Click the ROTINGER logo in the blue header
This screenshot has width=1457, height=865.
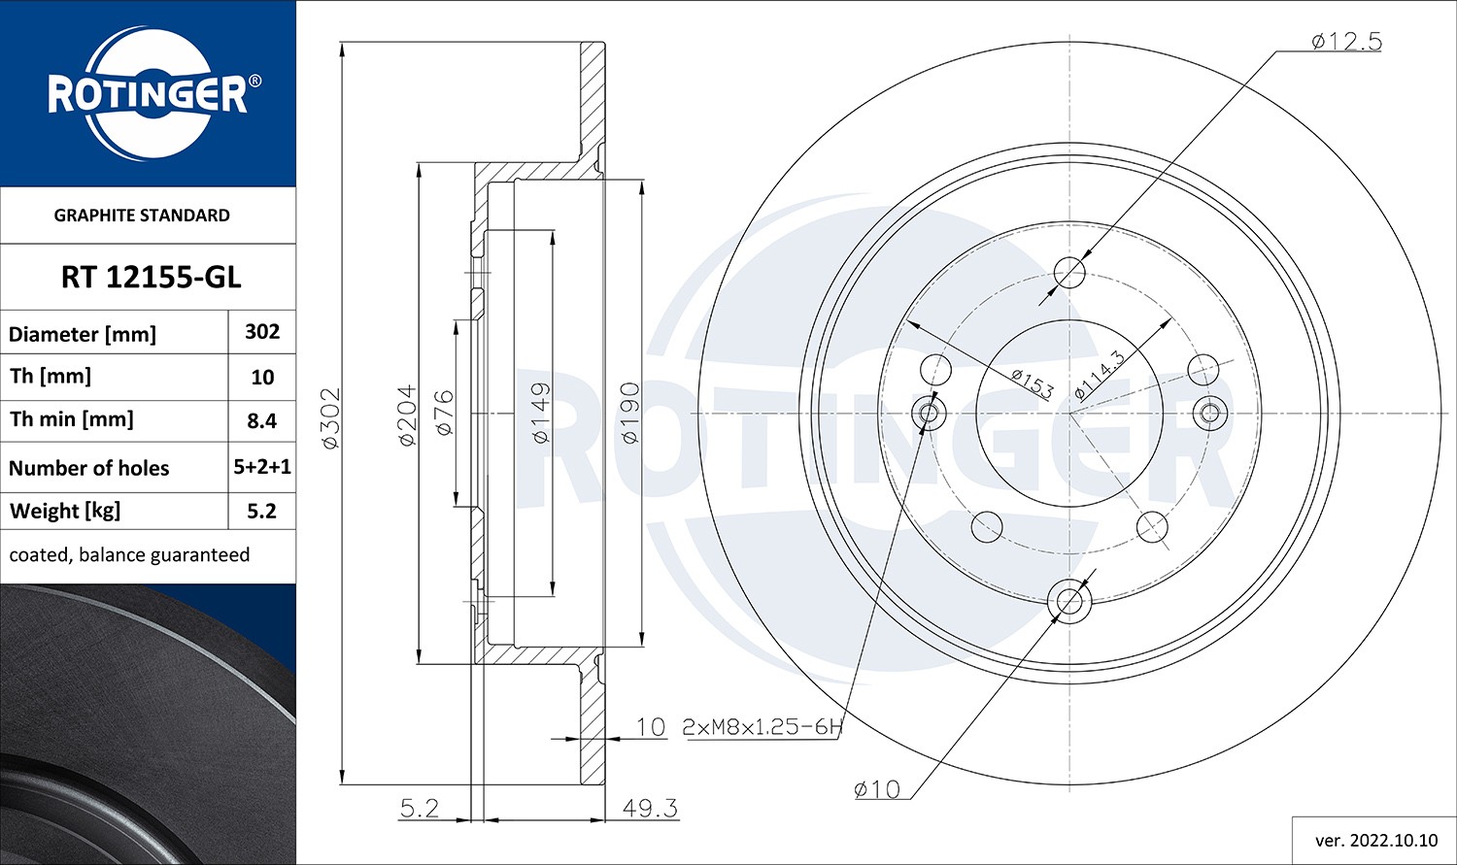148,94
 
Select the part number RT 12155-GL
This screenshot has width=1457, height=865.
151,278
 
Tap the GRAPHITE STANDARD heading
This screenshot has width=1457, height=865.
142,216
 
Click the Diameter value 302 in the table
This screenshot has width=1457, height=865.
262,332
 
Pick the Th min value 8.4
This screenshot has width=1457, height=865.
262,420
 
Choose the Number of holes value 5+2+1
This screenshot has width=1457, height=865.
262,467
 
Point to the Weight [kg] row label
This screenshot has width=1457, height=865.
65,511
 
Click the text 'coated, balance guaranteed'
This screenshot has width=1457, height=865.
129,555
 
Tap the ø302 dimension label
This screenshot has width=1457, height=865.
330,417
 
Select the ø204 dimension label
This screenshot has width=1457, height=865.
407,416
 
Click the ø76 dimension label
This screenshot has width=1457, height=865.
444,412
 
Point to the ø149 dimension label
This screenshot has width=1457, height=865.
541,413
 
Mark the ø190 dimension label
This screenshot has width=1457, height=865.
629,413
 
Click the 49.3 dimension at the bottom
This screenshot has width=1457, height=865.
650,808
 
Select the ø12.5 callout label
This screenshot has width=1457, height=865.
1345,42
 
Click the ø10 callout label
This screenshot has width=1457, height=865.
876,789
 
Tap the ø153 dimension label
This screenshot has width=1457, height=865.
1032,383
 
